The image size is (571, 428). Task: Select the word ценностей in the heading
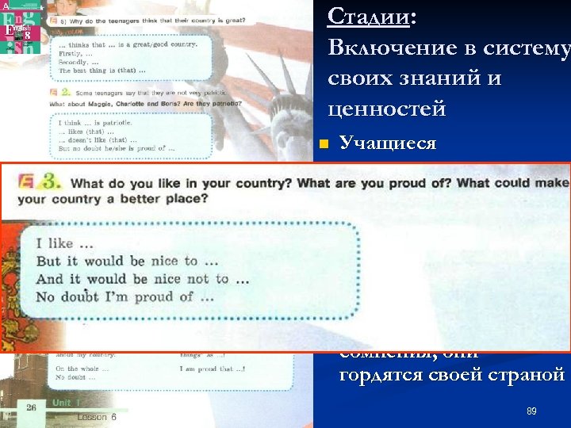click(386, 109)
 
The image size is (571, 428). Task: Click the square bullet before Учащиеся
click(321, 144)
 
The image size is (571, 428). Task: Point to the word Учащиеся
click(387, 143)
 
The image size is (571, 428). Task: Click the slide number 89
click(531, 412)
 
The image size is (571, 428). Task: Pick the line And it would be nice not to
click(143, 279)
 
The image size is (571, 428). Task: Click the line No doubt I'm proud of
click(125, 297)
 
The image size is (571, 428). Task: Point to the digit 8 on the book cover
click(27, 36)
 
